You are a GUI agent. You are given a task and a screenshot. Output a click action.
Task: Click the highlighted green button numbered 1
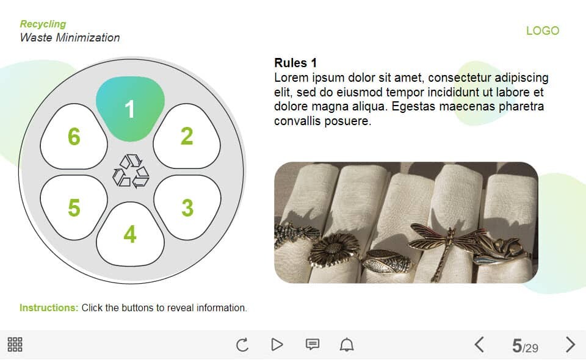coord(130,109)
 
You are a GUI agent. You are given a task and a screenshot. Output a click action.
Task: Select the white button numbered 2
coord(187,136)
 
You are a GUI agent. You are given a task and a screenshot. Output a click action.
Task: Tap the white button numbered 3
coord(187,207)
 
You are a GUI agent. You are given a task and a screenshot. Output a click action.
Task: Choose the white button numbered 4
coord(130,234)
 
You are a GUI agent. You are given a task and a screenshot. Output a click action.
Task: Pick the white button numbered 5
coord(74,207)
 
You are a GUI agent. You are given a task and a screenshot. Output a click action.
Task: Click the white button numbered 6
coord(74,136)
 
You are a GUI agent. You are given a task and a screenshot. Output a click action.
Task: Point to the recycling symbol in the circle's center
coord(131,171)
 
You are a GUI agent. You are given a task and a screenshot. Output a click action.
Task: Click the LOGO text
coord(543,31)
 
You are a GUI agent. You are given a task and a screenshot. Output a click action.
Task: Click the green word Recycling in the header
coord(43,24)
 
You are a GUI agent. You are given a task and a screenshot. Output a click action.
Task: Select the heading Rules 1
coord(295,63)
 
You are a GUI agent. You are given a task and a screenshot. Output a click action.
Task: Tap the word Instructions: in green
coord(49,308)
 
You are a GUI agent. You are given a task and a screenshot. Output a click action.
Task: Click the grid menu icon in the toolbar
coord(15,344)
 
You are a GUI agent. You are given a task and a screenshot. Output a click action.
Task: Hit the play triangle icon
coord(277,344)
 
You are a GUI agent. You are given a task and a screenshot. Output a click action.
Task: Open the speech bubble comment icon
coord(313,344)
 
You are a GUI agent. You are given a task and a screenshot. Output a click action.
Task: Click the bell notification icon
coord(347,344)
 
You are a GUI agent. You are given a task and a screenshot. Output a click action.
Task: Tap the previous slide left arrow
coord(479,344)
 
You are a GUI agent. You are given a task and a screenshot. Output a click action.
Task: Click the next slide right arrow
coord(570,344)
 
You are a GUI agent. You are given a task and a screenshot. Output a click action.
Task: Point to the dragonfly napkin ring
coord(447,247)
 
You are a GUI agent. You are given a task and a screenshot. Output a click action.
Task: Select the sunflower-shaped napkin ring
coord(333,250)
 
